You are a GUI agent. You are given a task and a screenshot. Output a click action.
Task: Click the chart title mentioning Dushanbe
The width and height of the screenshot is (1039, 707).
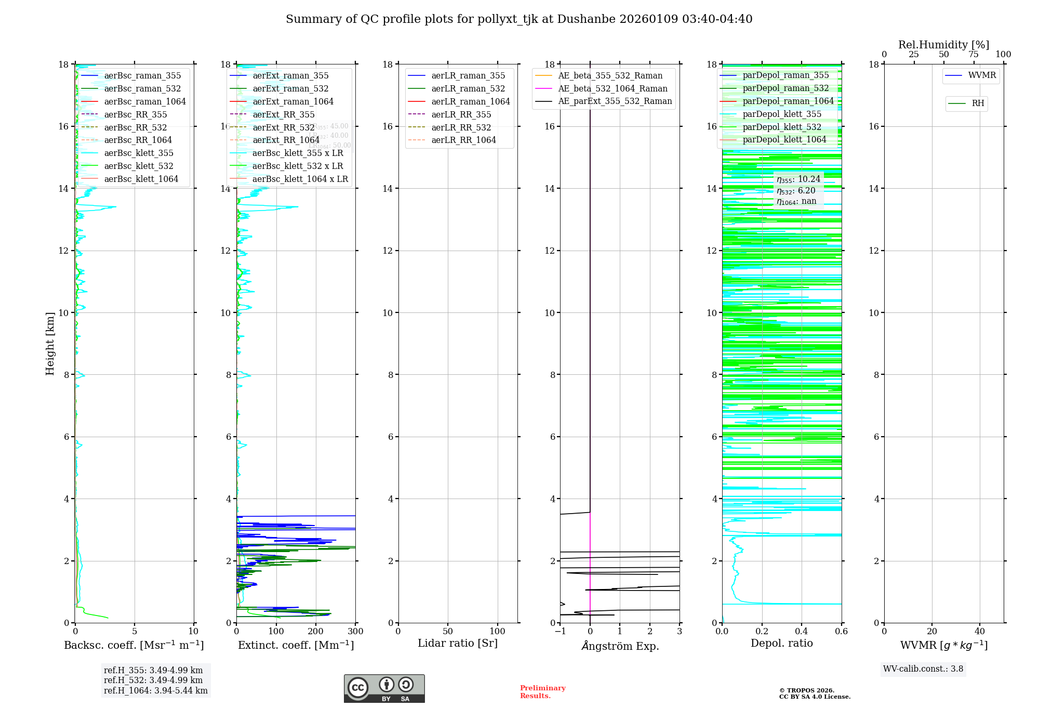pyautogui.click(x=519, y=19)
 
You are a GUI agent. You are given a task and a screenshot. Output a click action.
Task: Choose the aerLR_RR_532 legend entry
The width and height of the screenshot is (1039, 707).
pyautogui.click(x=461, y=128)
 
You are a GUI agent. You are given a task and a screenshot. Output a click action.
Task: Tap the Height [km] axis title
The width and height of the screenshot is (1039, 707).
pyautogui.click(x=50, y=344)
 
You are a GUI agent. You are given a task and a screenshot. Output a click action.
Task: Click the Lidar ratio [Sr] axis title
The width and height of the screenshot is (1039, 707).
pyautogui.click(x=458, y=644)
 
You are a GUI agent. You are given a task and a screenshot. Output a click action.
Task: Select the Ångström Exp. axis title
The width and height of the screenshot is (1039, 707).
pyautogui.click(x=620, y=646)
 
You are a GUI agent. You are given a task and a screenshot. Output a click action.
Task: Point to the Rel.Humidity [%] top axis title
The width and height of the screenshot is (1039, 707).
pyautogui.click(x=943, y=45)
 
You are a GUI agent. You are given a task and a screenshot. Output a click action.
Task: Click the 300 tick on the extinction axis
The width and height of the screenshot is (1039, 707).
pyautogui.click(x=356, y=632)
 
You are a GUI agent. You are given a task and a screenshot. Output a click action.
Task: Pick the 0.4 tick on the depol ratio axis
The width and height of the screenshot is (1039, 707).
pyautogui.click(x=802, y=632)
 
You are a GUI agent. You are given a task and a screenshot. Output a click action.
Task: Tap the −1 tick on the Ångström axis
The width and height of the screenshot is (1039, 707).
pyautogui.click(x=560, y=632)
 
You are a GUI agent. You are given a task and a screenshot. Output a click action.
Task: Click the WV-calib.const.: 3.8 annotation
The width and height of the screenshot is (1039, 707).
pyautogui.click(x=923, y=669)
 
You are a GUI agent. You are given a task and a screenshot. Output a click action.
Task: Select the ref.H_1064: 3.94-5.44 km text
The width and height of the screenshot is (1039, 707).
pyautogui.click(x=156, y=691)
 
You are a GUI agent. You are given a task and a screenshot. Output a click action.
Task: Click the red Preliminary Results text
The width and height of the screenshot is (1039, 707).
pyautogui.click(x=542, y=692)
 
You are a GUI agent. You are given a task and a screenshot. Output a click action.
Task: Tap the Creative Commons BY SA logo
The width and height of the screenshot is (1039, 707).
pyautogui.click(x=384, y=689)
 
